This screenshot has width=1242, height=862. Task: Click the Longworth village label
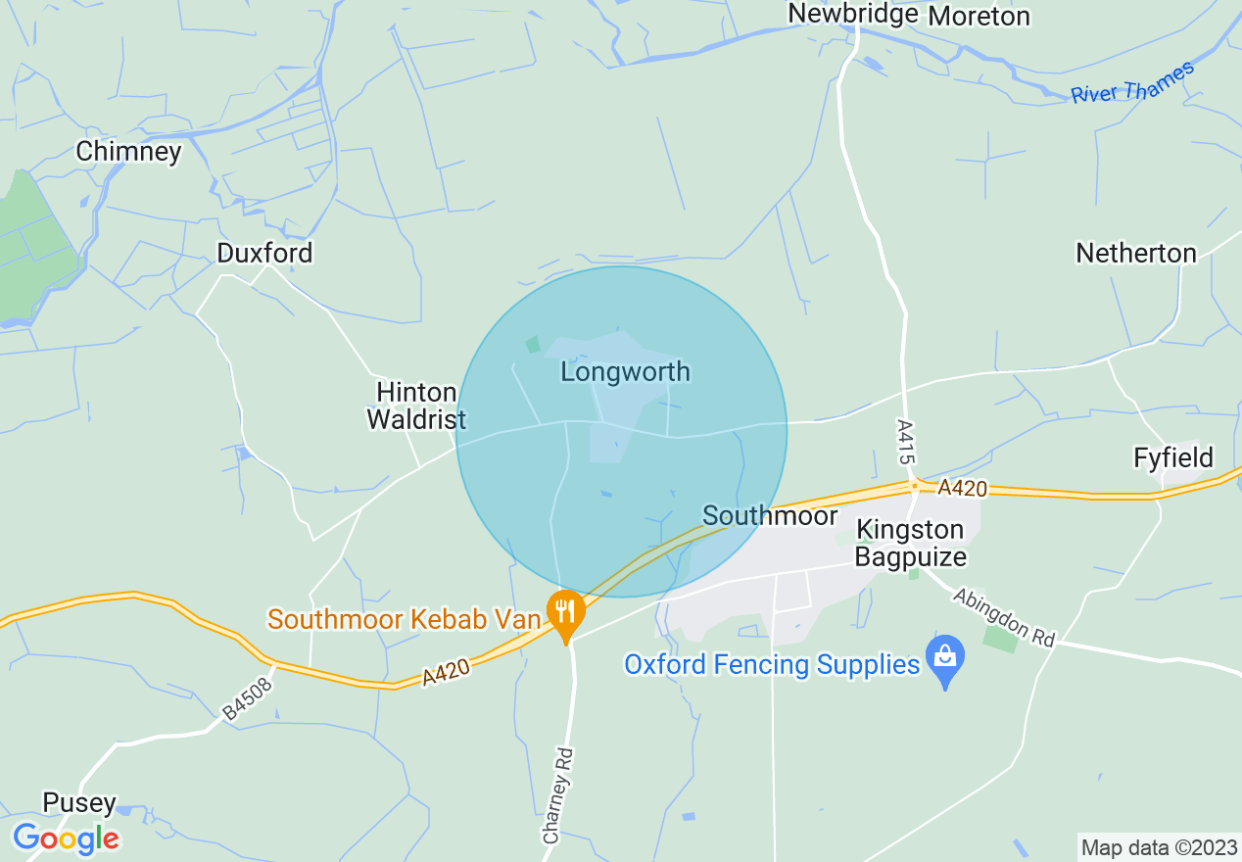click(x=625, y=372)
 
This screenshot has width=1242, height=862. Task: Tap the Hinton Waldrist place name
click(x=416, y=407)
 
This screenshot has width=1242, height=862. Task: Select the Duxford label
click(x=264, y=253)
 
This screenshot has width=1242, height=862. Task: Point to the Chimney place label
click(x=128, y=152)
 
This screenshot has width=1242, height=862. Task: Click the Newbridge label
click(x=852, y=14)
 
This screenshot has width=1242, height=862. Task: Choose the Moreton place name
click(x=979, y=17)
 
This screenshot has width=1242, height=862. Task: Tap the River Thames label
click(x=1132, y=82)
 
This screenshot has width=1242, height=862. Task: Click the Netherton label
click(x=1135, y=253)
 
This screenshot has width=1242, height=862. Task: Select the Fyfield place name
click(x=1172, y=457)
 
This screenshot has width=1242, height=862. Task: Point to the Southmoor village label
click(x=770, y=516)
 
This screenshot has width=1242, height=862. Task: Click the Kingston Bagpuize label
click(x=910, y=544)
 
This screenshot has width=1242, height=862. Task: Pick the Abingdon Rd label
click(x=1004, y=617)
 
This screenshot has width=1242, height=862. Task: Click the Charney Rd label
click(x=556, y=795)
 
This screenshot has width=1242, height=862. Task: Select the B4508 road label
click(x=246, y=697)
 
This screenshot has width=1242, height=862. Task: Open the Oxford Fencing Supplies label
click(x=772, y=665)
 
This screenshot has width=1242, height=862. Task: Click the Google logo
click(x=66, y=838)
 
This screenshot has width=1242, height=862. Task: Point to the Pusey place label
click(x=79, y=803)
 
